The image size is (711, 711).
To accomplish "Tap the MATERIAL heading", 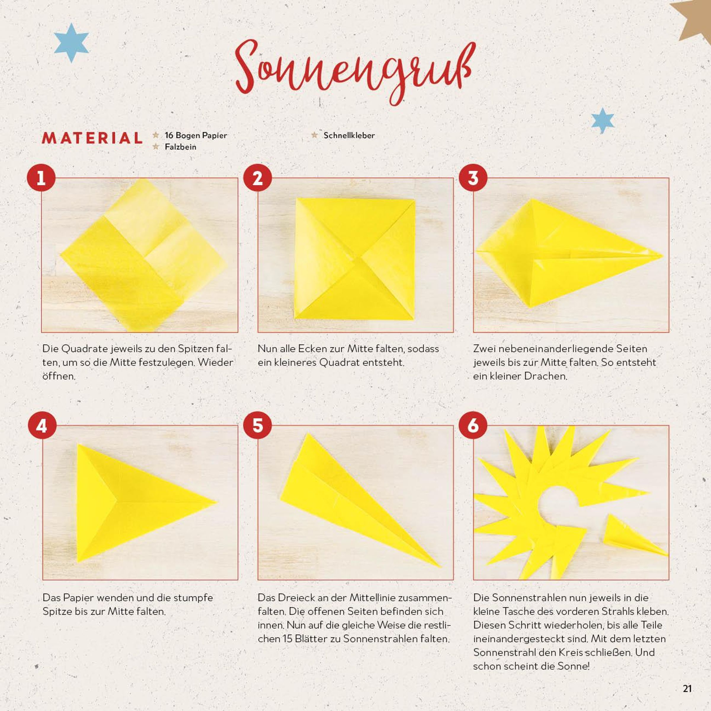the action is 92,138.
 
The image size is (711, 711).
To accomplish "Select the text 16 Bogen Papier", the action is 196,135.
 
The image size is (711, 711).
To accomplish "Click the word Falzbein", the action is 180,147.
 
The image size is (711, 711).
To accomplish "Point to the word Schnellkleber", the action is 349,135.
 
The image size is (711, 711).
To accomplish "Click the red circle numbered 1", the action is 41,178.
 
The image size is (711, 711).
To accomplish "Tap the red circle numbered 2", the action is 257,178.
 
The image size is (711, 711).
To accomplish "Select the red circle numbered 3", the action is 473,178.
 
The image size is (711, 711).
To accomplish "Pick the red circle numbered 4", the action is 42,425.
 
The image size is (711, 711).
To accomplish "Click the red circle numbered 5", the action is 257,425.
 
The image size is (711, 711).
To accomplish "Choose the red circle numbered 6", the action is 473,425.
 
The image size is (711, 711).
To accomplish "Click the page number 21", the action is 687,688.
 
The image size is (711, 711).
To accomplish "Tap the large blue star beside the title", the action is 71,42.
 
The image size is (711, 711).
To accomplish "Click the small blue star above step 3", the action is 603,120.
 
